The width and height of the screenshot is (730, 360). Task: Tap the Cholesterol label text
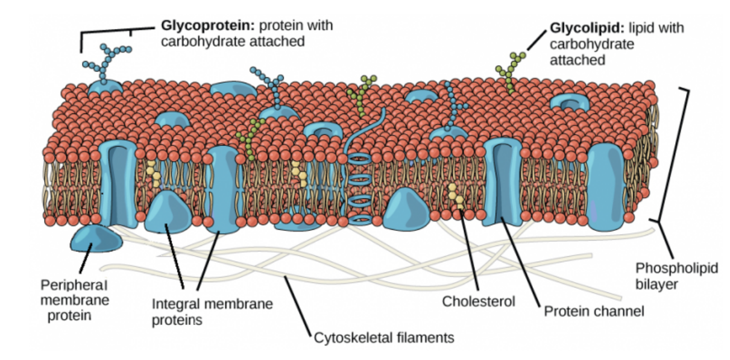(x=479, y=301)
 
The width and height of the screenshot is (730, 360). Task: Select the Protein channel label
(x=594, y=311)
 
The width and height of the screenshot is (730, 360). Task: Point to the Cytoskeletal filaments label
(x=384, y=337)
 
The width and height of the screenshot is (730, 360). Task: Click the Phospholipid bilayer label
(x=677, y=276)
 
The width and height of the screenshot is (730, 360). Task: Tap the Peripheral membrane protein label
(x=75, y=299)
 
